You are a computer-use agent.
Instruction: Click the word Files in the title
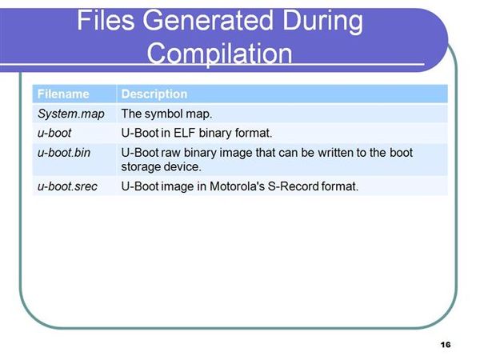(106, 20)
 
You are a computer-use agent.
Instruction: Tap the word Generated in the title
(208, 20)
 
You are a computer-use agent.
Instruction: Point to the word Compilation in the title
(219, 54)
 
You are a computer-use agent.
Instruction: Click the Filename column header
(63, 94)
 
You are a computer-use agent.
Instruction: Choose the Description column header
(154, 94)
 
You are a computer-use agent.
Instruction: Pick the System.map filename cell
(71, 114)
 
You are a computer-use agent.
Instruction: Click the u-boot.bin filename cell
(64, 153)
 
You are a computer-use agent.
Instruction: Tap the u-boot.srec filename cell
(67, 186)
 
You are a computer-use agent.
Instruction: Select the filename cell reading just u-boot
(54, 133)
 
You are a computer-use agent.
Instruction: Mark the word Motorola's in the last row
(237, 186)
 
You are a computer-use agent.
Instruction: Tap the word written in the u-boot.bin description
(335, 153)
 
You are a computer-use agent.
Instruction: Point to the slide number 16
(446, 345)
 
